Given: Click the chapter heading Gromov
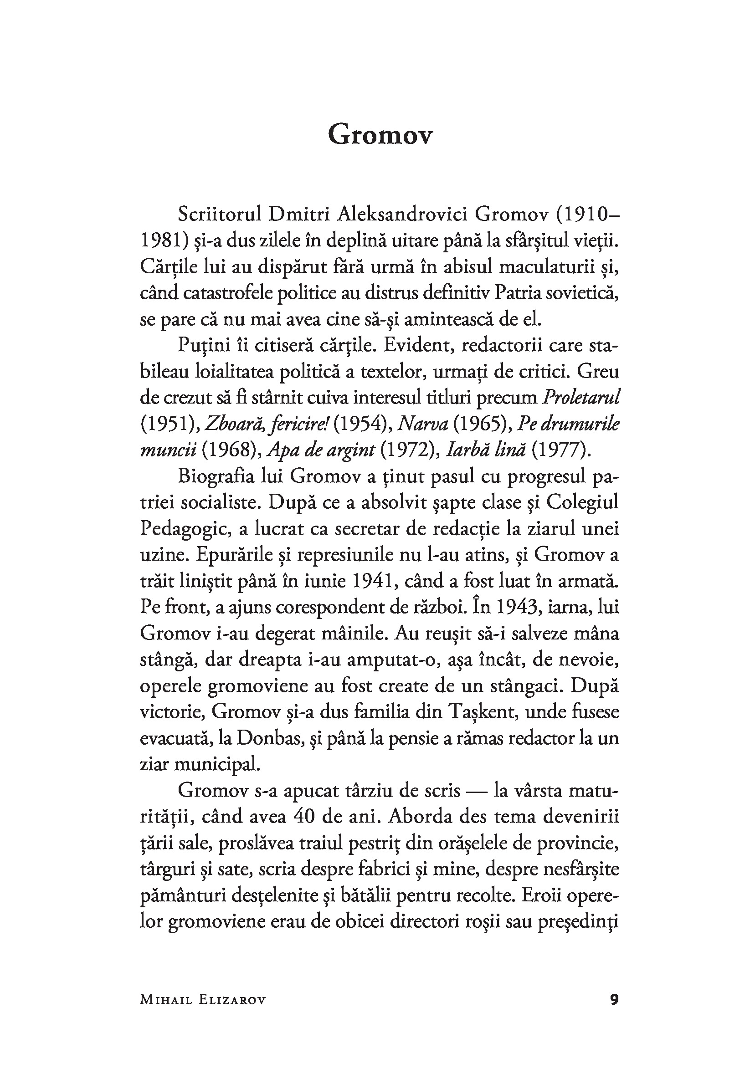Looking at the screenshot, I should [x=380, y=135].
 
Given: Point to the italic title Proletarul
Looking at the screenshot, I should [x=581, y=398].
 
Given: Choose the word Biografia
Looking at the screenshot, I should [x=216, y=476].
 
